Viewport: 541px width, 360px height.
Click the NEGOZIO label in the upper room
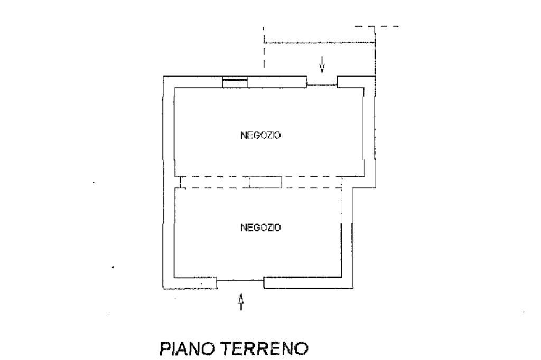coord(260,135)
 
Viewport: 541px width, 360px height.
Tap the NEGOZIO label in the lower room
coord(260,228)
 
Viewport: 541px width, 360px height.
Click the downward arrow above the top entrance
coord(322,65)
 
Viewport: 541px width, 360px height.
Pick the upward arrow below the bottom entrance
coord(241,302)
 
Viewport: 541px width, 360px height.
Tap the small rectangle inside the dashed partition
coord(266,182)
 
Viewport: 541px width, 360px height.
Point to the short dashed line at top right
coord(376,26)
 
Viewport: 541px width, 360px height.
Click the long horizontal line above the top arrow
coord(319,43)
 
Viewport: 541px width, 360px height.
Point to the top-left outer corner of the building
coord(163,77)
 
